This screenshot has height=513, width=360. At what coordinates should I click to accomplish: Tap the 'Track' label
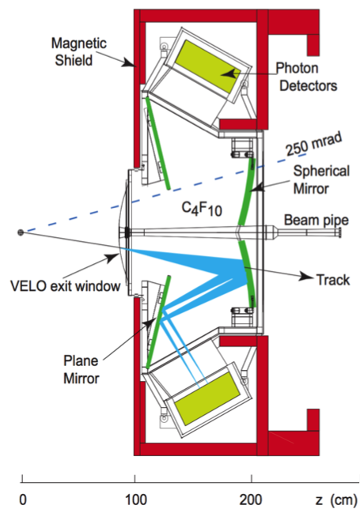[x=332, y=280]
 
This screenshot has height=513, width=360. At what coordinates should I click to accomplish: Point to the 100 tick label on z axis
[x=135, y=500]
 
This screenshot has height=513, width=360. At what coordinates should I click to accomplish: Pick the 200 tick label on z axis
[x=251, y=500]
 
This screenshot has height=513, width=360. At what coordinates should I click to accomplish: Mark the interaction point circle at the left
[x=21, y=232]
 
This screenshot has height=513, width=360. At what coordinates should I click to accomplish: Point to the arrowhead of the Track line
[x=305, y=277]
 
